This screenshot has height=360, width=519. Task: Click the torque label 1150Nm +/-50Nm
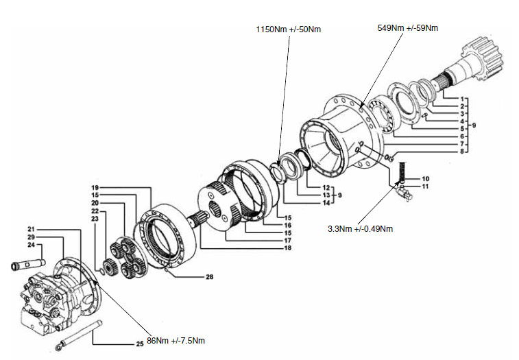[x=289, y=29]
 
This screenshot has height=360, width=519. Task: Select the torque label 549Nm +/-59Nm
[x=407, y=28]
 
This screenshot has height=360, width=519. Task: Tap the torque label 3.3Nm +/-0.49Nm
[x=360, y=229]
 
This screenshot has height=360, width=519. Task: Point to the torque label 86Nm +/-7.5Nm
[x=176, y=341]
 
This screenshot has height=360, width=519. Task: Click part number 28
[x=210, y=277]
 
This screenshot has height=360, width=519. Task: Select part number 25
[x=140, y=344]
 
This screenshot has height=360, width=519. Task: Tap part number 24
[x=31, y=245]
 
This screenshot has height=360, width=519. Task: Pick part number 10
[x=425, y=179]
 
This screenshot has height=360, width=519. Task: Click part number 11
[x=425, y=187]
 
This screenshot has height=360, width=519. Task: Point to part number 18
[x=288, y=248]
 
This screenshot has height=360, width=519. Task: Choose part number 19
[x=95, y=188]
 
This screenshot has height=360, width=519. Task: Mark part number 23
[x=95, y=219]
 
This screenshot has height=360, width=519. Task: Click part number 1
[x=462, y=99]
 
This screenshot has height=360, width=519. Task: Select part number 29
[x=31, y=237]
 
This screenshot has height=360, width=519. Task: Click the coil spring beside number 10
[x=402, y=172]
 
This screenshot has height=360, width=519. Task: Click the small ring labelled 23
[x=102, y=272]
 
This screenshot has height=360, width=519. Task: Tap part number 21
[x=31, y=229]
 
